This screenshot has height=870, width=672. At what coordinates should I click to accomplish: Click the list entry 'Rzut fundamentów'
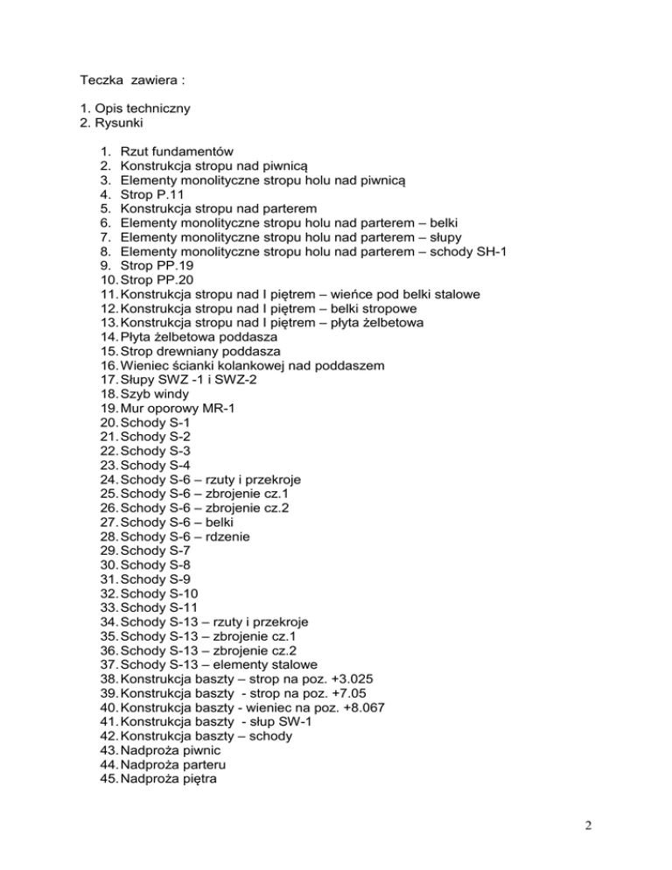pos(176,151)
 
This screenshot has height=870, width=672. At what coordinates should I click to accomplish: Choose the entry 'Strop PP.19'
pos(158,264)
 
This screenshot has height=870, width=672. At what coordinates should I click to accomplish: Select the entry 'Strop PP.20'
pos(158,278)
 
